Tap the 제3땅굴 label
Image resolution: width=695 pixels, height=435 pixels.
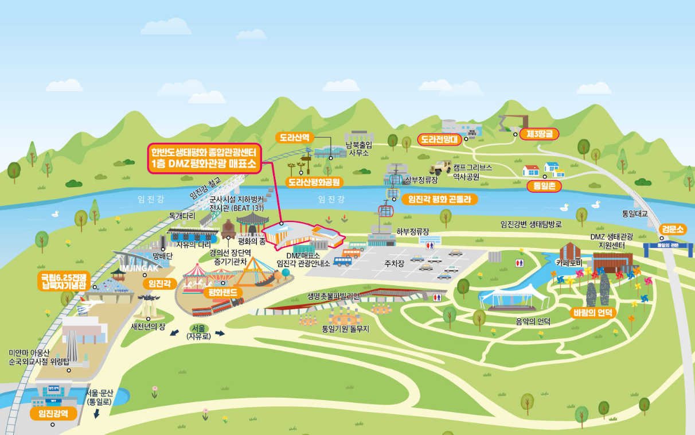(x=539, y=134)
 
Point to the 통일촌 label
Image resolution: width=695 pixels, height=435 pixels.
(x=544, y=186)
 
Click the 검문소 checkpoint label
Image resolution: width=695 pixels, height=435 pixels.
(x=673, y=229)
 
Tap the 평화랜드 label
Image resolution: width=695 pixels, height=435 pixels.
(x=224, y=292)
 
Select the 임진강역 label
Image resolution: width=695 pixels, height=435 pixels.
(x=53, y=413)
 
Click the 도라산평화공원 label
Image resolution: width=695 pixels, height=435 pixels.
(x=313, y=182)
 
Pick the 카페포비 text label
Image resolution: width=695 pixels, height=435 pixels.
(x=569, y=262)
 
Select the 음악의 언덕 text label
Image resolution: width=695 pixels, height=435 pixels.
(x=533, y=321)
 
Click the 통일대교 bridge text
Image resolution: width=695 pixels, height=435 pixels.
(x=635, y=213)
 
